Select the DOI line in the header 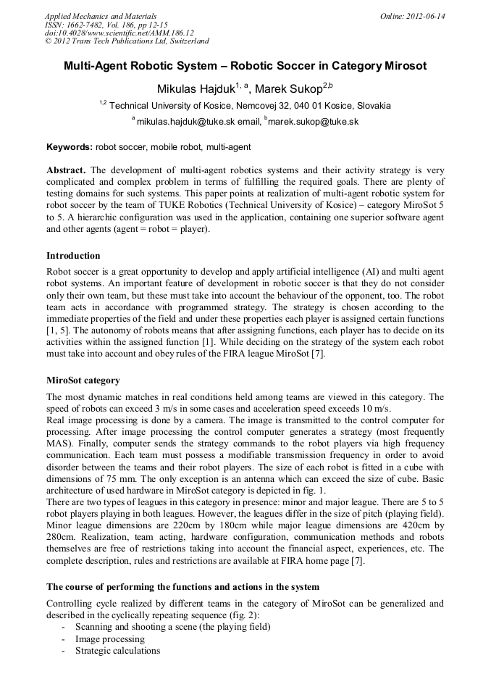pos(119,33)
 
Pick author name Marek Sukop pos(289,89)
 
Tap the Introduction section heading pos(73,256)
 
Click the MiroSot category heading pos(83,380)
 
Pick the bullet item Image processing pos(109,638)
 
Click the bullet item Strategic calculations pos(117,650)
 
